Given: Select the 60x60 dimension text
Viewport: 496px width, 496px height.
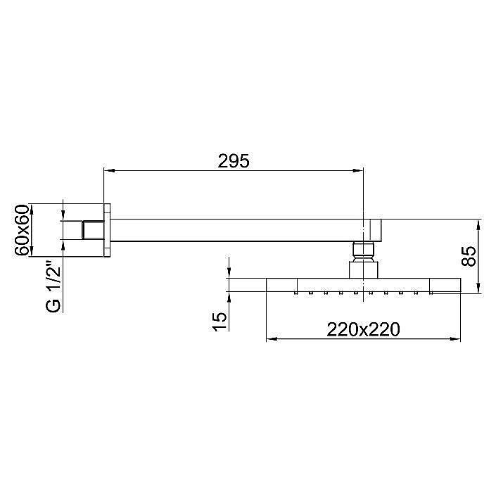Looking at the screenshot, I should [22, 230].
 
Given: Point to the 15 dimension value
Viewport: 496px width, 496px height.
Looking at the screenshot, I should [220, 317].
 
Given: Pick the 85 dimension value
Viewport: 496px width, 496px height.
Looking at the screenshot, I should [469, 255].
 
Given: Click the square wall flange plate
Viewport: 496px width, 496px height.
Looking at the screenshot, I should [108, 231].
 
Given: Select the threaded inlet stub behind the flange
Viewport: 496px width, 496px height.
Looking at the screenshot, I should [92, 231].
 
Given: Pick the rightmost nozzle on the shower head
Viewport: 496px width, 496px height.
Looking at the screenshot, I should [416, 291].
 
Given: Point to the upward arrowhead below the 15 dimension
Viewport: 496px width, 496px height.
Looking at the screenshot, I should [229, 298].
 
